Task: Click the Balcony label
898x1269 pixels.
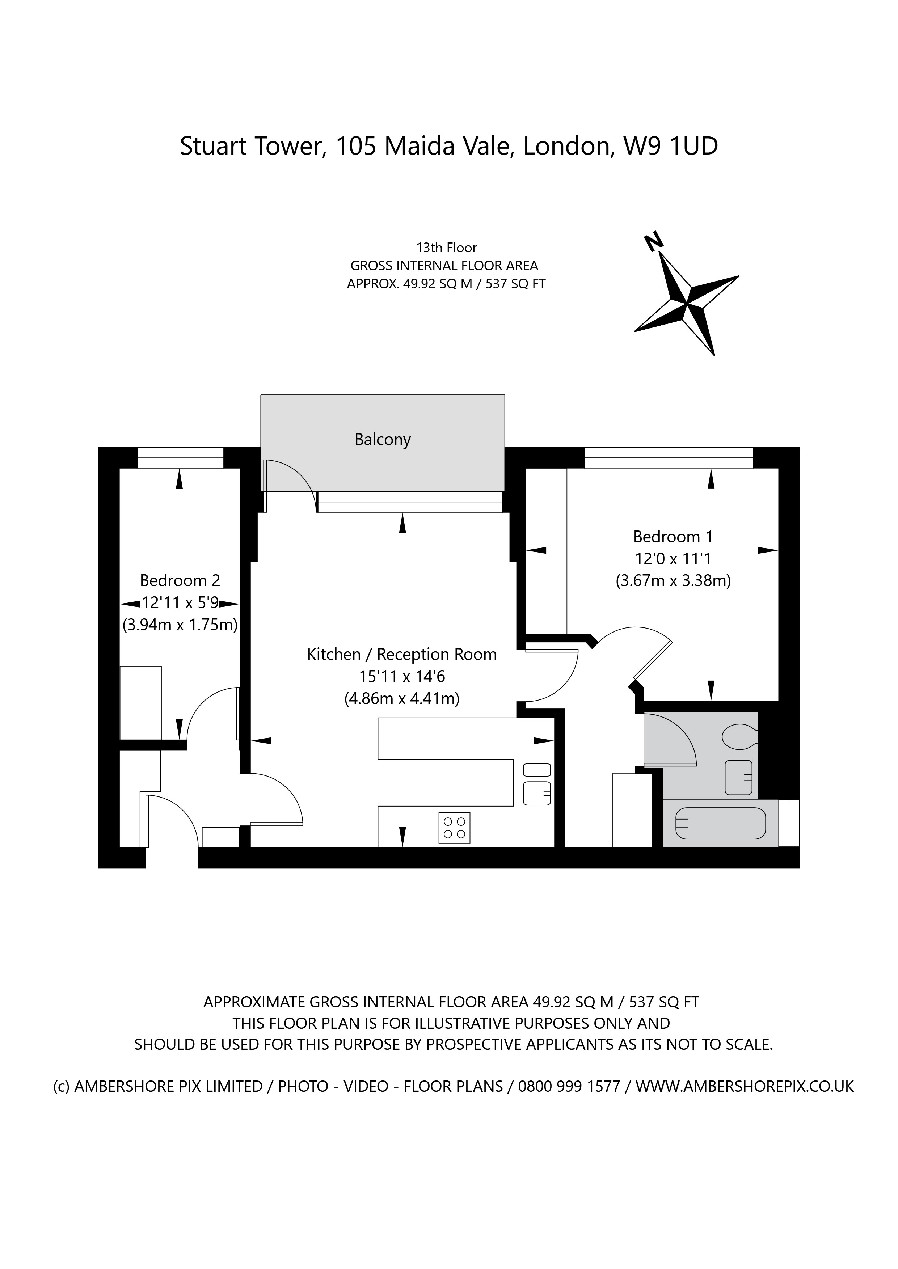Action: tap(382, 440)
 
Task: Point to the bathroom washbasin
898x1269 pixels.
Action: tap(738, 778)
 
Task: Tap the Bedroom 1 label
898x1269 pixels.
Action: tap(673, 537)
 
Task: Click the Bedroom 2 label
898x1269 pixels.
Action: tap(180, 580)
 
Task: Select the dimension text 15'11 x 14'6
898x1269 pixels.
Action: tap(402, 677)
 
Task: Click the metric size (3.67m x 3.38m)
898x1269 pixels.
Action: tap(673, 581)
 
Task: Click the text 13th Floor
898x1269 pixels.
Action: tap(446, 248)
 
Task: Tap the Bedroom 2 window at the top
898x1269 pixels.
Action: tap(180, 458)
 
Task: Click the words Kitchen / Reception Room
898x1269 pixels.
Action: tap(401, 654)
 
